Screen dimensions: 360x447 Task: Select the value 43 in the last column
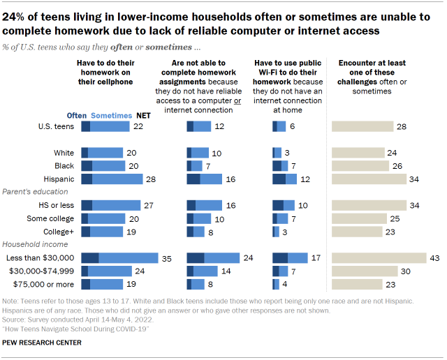click(434, 257)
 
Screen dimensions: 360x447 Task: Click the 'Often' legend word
click(77, 116)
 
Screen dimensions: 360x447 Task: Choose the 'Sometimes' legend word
click(111, 116)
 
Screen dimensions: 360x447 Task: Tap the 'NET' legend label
click(143, 116)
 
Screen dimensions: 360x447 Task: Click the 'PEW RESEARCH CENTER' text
click(42, 343)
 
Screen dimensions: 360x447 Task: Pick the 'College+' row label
click(59, 231)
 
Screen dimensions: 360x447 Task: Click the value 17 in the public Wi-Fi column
click(316, 257)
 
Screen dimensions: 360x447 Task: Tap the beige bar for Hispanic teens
click(369, 179)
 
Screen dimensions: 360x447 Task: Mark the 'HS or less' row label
click(56, 205)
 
